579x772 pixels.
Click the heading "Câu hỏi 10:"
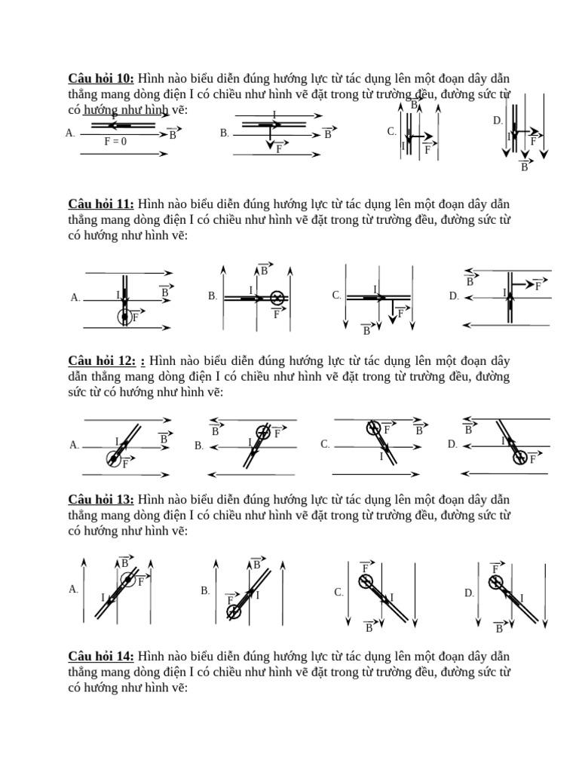tap(101, 78)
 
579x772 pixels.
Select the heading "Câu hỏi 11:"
tap(101, 204)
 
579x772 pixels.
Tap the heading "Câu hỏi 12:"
tap(101, 361)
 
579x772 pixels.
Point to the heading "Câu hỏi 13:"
tap(101, 499)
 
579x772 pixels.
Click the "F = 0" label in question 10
tap(115, 141)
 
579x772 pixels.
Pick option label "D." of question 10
tap(498, 120)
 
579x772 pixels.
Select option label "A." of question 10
tap(71, 133)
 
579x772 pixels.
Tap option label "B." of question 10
tap(225, 133)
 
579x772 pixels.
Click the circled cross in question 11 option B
tap(277, 298)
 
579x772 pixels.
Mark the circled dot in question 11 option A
tap(124, 317)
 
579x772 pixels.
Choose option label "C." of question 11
tap(337, 296)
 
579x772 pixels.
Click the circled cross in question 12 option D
tap(519, 456)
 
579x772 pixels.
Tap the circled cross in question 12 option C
tap(372, 428)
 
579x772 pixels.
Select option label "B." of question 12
tap(199, 446)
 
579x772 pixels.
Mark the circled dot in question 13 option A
tap(128, 579)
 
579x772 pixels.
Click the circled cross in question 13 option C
tap(365, 581)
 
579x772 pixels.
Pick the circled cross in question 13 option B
tap(234, 611)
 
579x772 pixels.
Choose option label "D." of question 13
tap(469, 593)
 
